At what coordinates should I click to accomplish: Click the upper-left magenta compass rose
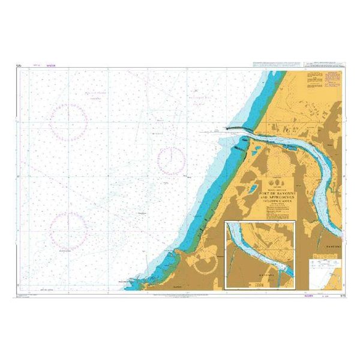(68, 119)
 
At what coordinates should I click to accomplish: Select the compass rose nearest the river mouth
(171, 161)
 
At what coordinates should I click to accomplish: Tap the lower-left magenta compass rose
(68, 229)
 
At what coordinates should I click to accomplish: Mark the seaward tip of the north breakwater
(227, 128)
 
